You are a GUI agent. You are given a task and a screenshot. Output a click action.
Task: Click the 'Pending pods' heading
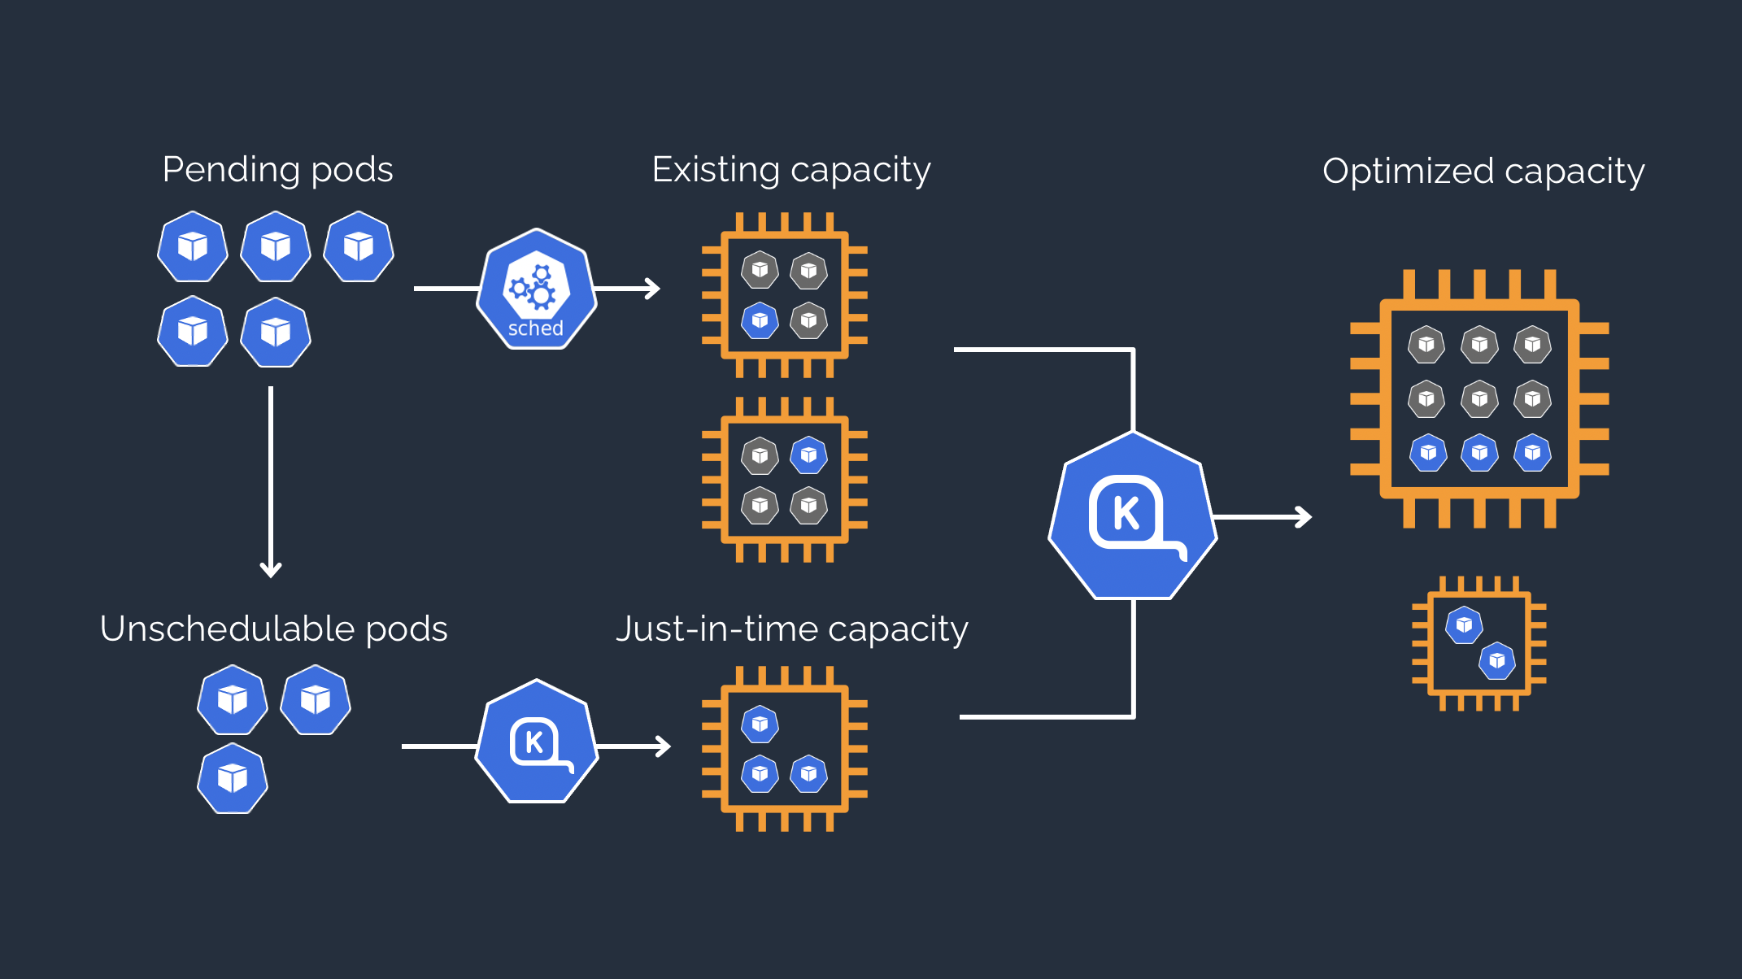pyautogui.click(x=277, y=170)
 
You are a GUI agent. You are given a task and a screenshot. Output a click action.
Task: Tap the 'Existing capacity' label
pyautogui.click(x=790, y=170)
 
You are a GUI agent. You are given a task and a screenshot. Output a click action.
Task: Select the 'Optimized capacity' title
pyautogui.click(x=1483, y=172)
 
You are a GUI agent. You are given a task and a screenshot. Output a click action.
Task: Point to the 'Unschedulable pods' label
pyautogui.click(x=273, y=629)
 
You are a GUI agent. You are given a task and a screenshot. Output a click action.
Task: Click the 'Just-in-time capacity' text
pyautogui.click(x=791, y=629)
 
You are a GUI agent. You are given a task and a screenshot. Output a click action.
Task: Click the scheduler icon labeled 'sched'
pyautogui.click(x=536, y=289)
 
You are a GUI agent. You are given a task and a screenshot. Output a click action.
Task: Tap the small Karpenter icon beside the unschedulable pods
pyautogui.click(x=536, y=742)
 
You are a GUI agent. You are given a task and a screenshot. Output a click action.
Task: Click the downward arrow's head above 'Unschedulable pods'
pyautogui.click(x=271, y=569)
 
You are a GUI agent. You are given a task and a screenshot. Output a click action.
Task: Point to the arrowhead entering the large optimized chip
pyautogui.click(x=1304, y=516)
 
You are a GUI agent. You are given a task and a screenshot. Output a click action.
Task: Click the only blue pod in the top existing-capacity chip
pyautogui.click(x=760, y=320)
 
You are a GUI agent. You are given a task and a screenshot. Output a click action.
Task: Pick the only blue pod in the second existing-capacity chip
pyautogui.click(x=808, y=455)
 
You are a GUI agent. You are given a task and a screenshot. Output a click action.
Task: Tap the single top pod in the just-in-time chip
pyautogui.click(x=760, y=724)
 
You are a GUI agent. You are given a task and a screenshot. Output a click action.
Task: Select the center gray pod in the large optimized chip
pyautogui.click(x=1479, y=398)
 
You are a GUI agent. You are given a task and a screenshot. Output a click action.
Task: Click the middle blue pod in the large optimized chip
pyautogui.click(x=1479, y=452)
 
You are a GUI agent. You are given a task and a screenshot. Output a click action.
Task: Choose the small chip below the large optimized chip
pyautogui.click(x=1479, y=644)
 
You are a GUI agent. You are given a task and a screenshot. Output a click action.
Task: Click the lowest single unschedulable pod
pyautogui.click(x=233, y=778)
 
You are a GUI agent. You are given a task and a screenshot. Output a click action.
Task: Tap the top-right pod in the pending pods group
pyautogui.click(x=359, y=246)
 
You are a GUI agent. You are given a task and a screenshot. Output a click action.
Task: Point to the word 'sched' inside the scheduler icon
pyautogui.click(x=535, y=329)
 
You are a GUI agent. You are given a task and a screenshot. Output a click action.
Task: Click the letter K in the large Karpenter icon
pyautogui.click(x=1126, y=513)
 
